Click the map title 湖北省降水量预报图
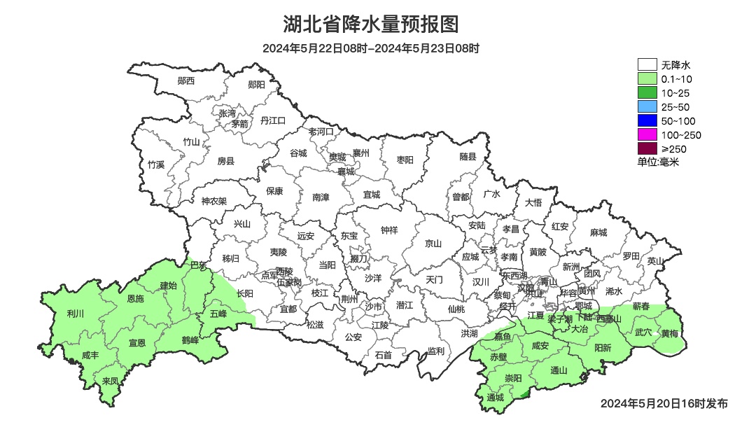pos(371,24)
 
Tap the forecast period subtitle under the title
pos(371,48)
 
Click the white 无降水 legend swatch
pos(647,65)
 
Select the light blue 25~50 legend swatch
pos(647,107)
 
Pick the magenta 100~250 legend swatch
pos(647,134)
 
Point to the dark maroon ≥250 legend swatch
pos(647,148)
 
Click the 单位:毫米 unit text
pos(658,162)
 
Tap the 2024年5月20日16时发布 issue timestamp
pos(664,403)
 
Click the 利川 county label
pos(75,313)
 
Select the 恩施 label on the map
pos(135,299)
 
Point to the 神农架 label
pos(213,201)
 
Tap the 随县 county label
pos(468,157)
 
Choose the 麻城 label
pos(598,232)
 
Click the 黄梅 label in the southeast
pos(669,333)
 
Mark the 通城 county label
pos(495,398)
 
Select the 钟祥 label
pos(389,230)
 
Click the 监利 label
pos(435,351)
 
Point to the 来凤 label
pos(110,381)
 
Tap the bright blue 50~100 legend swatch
pos(647,121)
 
